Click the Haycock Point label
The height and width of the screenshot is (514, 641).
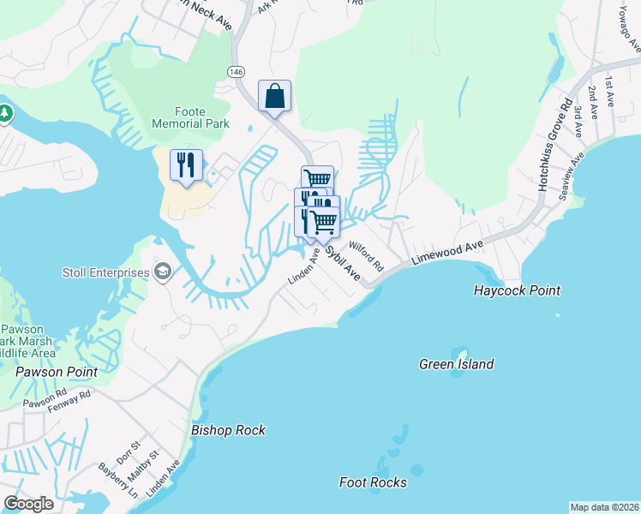517,290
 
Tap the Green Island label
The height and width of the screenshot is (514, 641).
456,364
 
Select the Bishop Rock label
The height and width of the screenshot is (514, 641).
228,430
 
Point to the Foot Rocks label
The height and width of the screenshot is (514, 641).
373,482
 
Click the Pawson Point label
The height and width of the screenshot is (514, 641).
56,372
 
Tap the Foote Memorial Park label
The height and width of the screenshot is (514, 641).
190,117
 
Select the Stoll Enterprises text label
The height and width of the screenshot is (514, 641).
105,273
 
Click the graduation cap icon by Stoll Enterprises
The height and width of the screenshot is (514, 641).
163,272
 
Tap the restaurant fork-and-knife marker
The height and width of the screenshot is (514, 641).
186,164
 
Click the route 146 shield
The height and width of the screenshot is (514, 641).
236,71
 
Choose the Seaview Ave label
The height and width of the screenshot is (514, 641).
571,176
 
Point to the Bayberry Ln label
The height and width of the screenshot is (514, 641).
118,481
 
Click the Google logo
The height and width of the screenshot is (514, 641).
28,503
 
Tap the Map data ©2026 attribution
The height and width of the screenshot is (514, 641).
604,507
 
